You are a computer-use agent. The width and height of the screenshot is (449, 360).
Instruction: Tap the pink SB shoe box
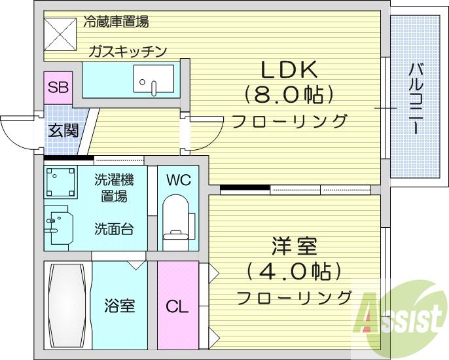coord(58,88)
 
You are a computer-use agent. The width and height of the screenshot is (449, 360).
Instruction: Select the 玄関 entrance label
coord(63,131)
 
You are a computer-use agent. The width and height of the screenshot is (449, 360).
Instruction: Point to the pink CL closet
coord(178,305)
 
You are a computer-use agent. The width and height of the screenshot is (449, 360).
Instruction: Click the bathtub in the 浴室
coord(67,306)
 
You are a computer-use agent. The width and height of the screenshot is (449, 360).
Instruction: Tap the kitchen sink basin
coord(154,79)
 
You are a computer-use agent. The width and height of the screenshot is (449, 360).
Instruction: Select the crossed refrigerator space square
coord(60,35)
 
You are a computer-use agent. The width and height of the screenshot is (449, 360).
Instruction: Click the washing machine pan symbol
coord(60,183)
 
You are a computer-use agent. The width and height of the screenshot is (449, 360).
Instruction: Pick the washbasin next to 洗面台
coord(59,225)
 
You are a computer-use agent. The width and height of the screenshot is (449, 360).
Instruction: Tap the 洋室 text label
coord(295,245)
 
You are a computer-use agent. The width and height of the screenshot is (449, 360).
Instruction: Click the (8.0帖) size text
coord(289,95)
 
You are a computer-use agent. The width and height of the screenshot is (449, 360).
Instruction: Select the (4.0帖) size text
coord(294,271)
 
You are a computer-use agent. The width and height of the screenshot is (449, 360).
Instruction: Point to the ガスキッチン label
coord(128,52)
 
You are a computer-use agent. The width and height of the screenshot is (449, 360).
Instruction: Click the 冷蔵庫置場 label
coord(116,22)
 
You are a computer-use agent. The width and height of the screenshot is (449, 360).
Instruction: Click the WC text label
coord(179,180)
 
